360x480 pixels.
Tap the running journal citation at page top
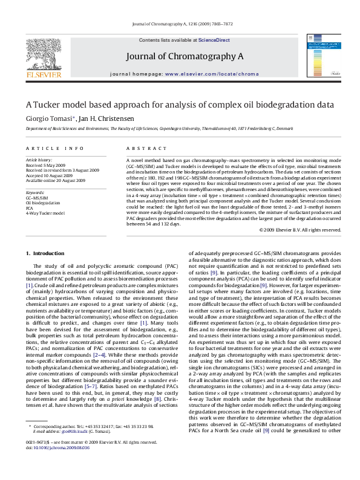coord(180,25)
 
